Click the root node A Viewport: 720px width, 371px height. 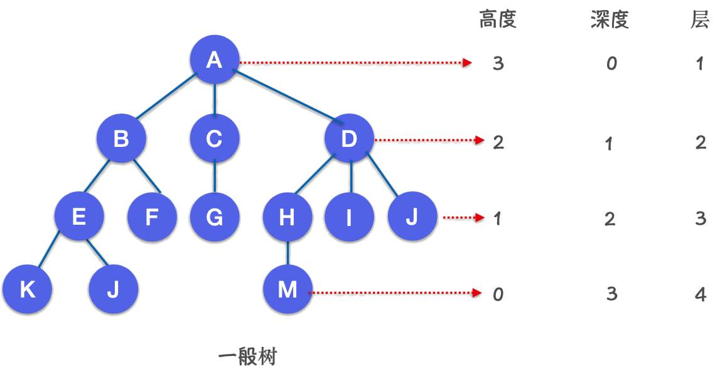click(215, 60)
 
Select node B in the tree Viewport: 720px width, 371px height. click(121, 137)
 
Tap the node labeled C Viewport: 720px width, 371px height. click(215, 137)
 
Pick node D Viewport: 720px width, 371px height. click(349, 137)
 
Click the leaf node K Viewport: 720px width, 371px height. click(27, 289)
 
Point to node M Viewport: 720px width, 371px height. click(288, 289)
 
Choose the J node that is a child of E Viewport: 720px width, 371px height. click(114, 289)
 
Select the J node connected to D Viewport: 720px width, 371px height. click(412, 217)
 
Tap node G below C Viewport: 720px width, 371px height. click(215, 217)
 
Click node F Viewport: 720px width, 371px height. click(152, 217)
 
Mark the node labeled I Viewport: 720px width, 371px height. click(349, 217)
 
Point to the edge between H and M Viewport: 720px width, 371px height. click(288, 252)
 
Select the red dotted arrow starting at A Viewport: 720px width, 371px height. click(356, 62)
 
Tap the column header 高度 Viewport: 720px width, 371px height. click(498, 19)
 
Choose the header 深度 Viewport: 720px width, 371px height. click(610, 19)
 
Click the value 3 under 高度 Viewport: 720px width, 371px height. click(498, 63)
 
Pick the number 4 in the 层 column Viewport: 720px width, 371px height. click(701, 294)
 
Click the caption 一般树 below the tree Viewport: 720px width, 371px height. click(247, 357)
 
